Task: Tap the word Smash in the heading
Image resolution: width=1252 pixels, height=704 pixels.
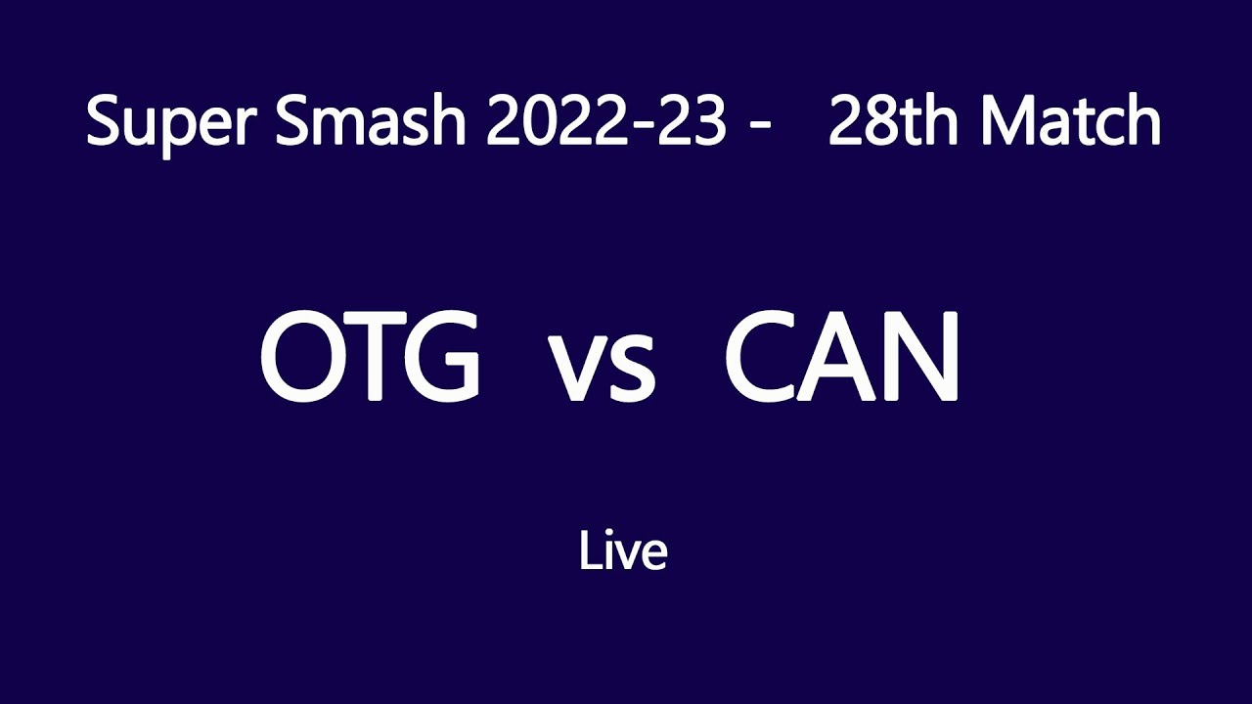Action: (358, 123)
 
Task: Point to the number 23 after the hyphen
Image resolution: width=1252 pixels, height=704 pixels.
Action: (692, 123)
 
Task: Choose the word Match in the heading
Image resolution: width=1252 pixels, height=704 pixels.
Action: (1071, 123)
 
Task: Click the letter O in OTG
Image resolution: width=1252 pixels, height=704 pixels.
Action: (304, 359)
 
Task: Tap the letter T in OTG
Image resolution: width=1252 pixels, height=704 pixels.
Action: (376, 359)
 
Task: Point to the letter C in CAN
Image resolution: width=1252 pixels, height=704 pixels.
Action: (767, 359)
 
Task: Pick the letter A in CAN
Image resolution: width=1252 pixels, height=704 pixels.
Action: (842, 359)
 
